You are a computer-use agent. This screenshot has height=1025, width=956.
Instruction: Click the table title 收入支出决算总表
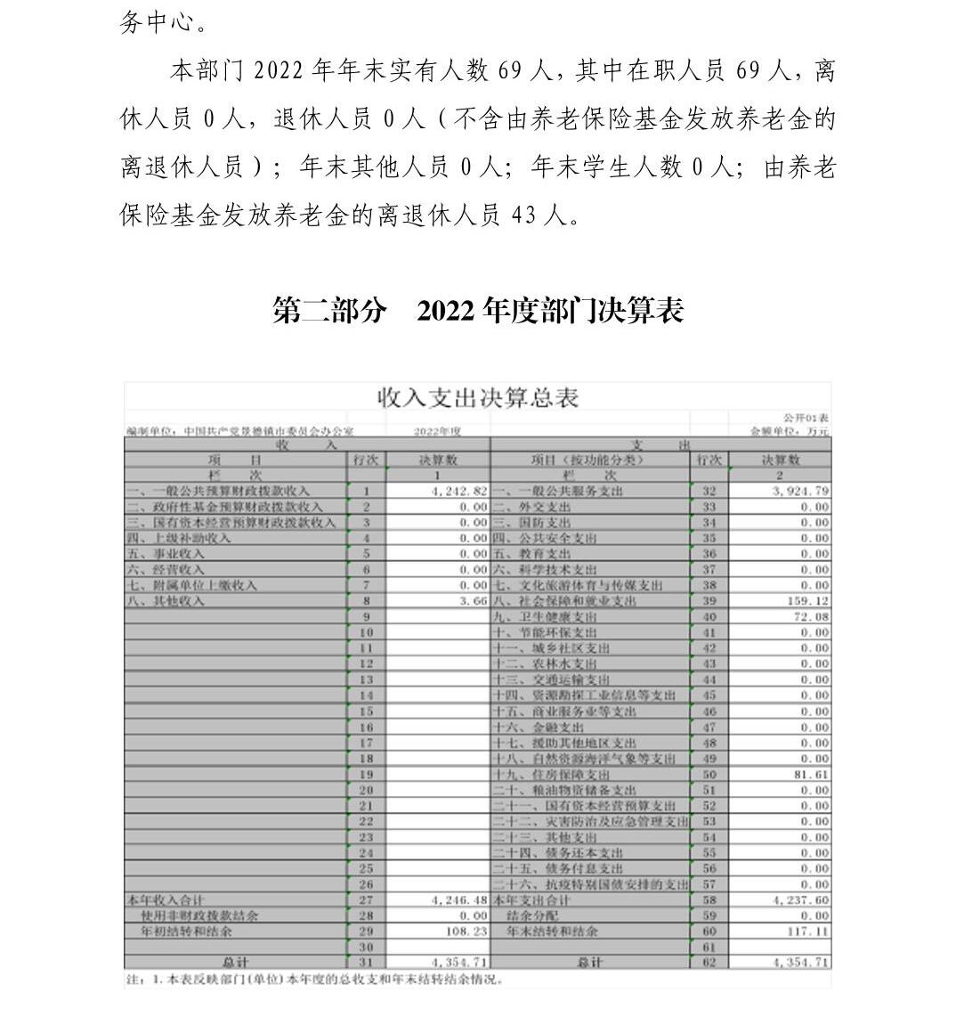(x=478, y=398)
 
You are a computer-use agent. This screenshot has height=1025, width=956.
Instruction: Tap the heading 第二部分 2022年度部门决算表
(x=478, y=311)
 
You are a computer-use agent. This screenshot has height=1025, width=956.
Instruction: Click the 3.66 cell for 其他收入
(x=473, y=601)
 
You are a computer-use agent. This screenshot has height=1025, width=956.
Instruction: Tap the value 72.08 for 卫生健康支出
(x=811, y=616)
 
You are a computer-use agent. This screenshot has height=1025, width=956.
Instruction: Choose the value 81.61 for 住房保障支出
(x=811, y=774)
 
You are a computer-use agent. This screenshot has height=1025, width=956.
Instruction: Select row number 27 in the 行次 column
(x=366, y=900)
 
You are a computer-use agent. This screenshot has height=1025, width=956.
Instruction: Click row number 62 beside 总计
(x=709, y=963)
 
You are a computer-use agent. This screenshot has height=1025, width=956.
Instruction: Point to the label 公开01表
(x=806, y=418)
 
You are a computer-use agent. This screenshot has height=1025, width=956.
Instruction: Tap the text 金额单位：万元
(x=790, y=431)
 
